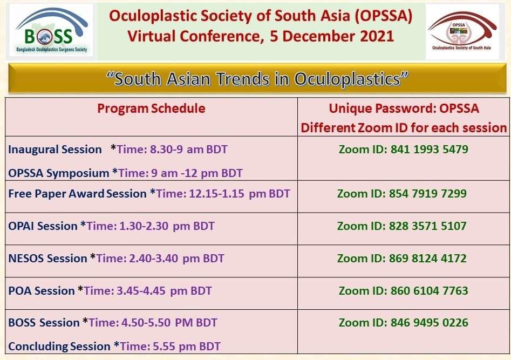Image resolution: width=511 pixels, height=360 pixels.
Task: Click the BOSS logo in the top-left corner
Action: [x=51, y=30]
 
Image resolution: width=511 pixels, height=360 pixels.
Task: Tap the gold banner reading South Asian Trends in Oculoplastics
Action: [x=257, y=79]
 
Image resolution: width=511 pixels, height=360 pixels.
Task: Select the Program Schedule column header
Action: [x=151, y=108]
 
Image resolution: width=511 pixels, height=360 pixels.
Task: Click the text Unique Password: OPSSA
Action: [x=404, y=108]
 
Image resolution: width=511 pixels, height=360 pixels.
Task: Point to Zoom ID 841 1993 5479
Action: [x=404, y=150]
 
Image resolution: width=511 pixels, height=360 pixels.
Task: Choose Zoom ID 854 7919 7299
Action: [x=402, y=194]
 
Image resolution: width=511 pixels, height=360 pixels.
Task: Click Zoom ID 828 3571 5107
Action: [x=402, y=226]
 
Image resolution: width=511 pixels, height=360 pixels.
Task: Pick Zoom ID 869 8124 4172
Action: [x=402, y=258]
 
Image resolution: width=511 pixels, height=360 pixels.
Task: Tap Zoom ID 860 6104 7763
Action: [x=404, y=290]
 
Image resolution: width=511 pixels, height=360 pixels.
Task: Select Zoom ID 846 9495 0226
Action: [x=404, y=323]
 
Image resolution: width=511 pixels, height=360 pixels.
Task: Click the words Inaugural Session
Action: [x=55, y=150]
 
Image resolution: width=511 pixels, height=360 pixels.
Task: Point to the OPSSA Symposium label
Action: [x=59, y=173]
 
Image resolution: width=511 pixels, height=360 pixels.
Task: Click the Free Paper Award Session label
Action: [x=77, y=194]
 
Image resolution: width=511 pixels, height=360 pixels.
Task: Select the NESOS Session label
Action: [x=47, y=258]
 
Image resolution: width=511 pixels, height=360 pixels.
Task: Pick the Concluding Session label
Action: [x=59, y=347]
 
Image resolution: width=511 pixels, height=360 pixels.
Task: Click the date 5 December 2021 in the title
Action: [x=332, y=36]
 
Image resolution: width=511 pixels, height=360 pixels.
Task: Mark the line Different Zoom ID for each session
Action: [x=404, y=128]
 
